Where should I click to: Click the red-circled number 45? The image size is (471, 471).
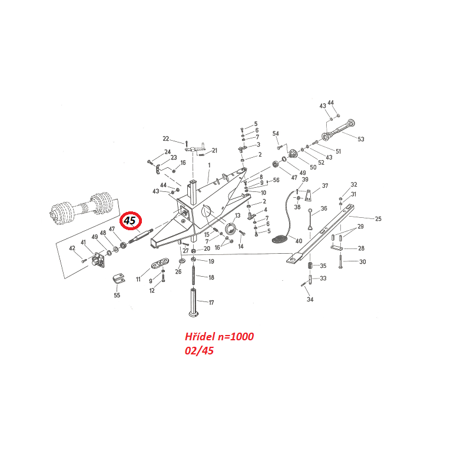[x=129, y=221]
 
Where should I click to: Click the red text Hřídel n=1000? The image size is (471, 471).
[x=219, y=337]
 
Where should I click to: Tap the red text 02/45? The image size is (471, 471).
[x=199, y=351]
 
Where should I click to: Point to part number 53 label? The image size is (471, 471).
[x=361, y=140]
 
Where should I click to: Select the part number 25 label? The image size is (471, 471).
[x=378, y=219]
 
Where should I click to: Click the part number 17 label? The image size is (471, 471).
[x=211, y=303]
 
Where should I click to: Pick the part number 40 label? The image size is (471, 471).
[x=298, y=241]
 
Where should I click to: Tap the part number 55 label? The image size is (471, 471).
[x=117, y=295]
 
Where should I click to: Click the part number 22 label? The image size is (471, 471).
[x=166, y=139]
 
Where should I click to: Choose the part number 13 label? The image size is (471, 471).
[x=237, y=216]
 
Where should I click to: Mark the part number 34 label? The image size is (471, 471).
[x=310, y=300]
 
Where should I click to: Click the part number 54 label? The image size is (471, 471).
[x=276, y=134]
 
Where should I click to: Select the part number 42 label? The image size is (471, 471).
[x=72, y=248]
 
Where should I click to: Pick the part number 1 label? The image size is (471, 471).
[x=208, y=165]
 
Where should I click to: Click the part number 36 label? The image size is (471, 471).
[x=323, y=209]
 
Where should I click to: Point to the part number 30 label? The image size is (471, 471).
[x=362, y=262]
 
